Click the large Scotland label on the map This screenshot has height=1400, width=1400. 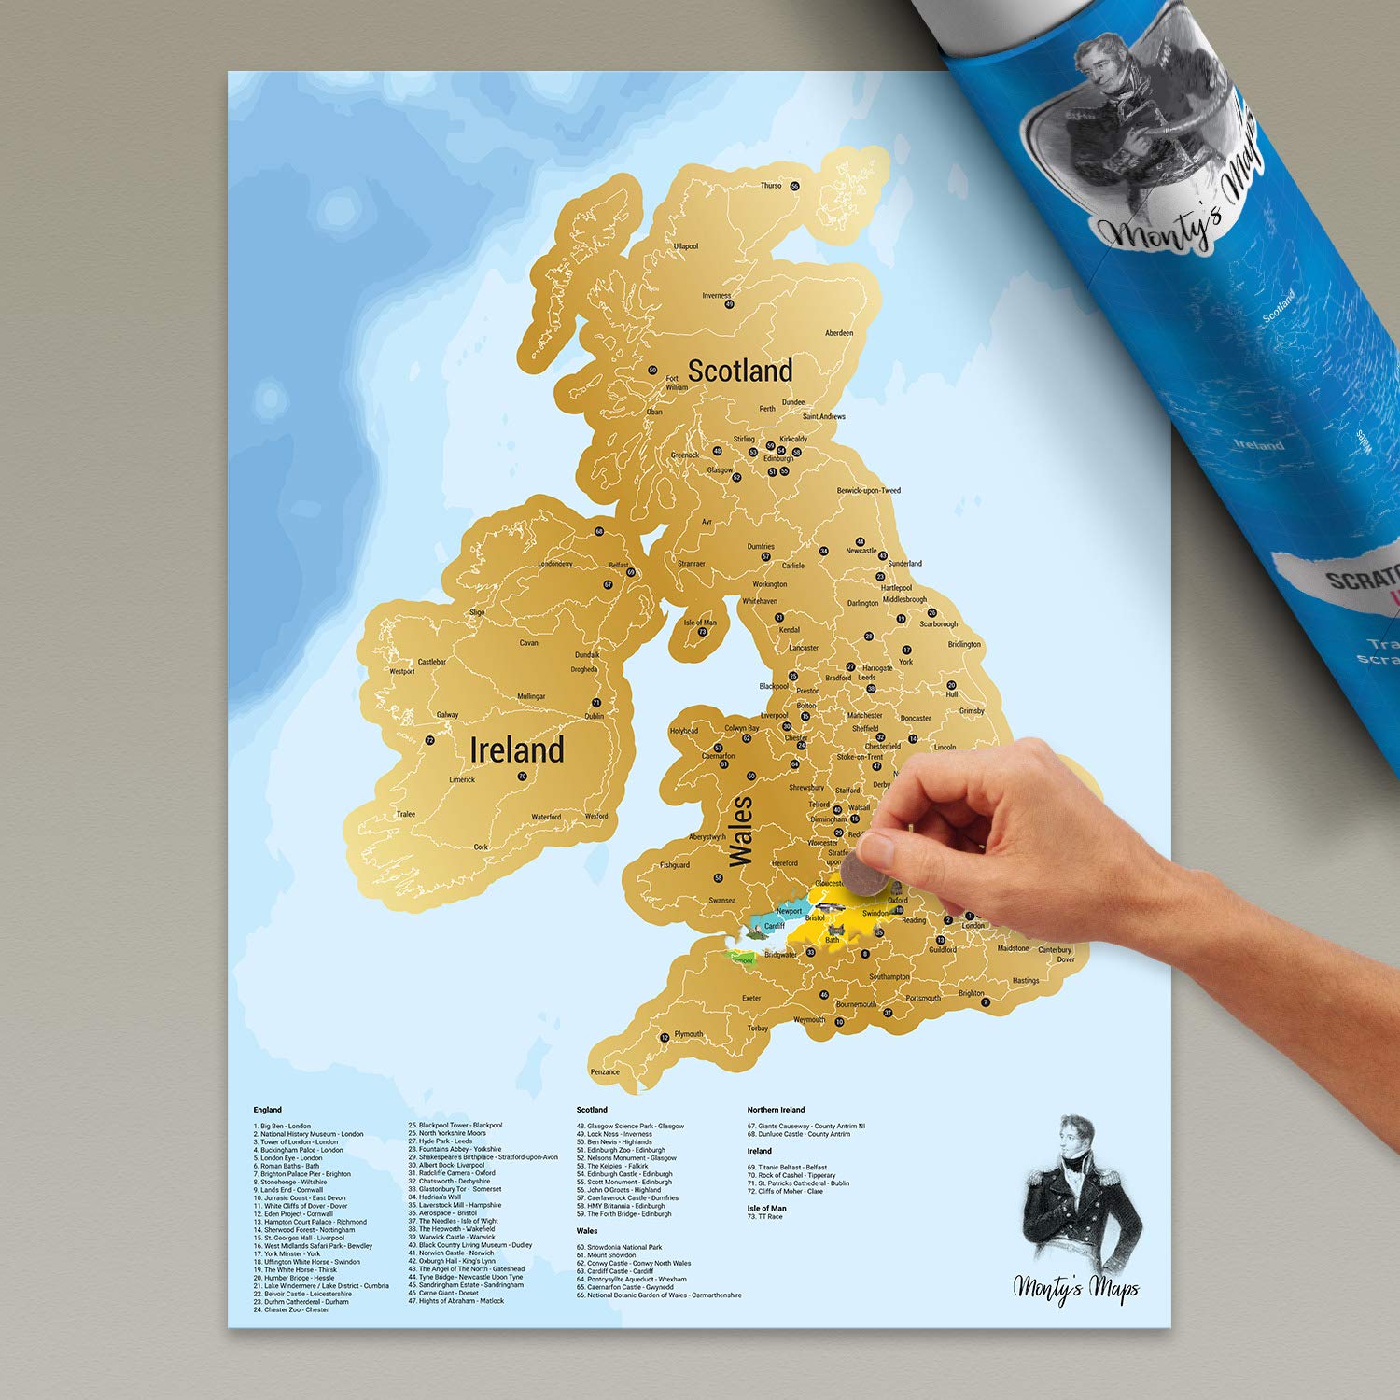coord(740,371)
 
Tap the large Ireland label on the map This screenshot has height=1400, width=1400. coord(516,749)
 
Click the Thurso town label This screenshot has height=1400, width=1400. coord(771,186)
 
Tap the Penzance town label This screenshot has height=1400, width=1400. coord(605,1071)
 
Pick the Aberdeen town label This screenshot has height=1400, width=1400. coord(839,333)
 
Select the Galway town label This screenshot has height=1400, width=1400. coord(448,715)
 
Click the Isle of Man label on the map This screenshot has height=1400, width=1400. coord(700,623)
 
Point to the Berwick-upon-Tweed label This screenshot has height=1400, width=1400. coord(868,490)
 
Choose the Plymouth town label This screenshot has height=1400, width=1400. coord(689,1034)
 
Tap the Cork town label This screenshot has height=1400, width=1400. coord(481,847)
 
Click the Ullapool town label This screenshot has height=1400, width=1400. coord(686,246)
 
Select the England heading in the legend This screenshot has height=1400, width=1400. coord(268,1110)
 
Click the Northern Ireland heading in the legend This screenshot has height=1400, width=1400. coord(776,1110)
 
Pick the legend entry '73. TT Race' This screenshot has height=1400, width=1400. coord(765,1217)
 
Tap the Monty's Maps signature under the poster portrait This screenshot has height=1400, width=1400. coord(1076,1288)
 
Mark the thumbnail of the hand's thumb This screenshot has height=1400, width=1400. coord(877,849)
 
